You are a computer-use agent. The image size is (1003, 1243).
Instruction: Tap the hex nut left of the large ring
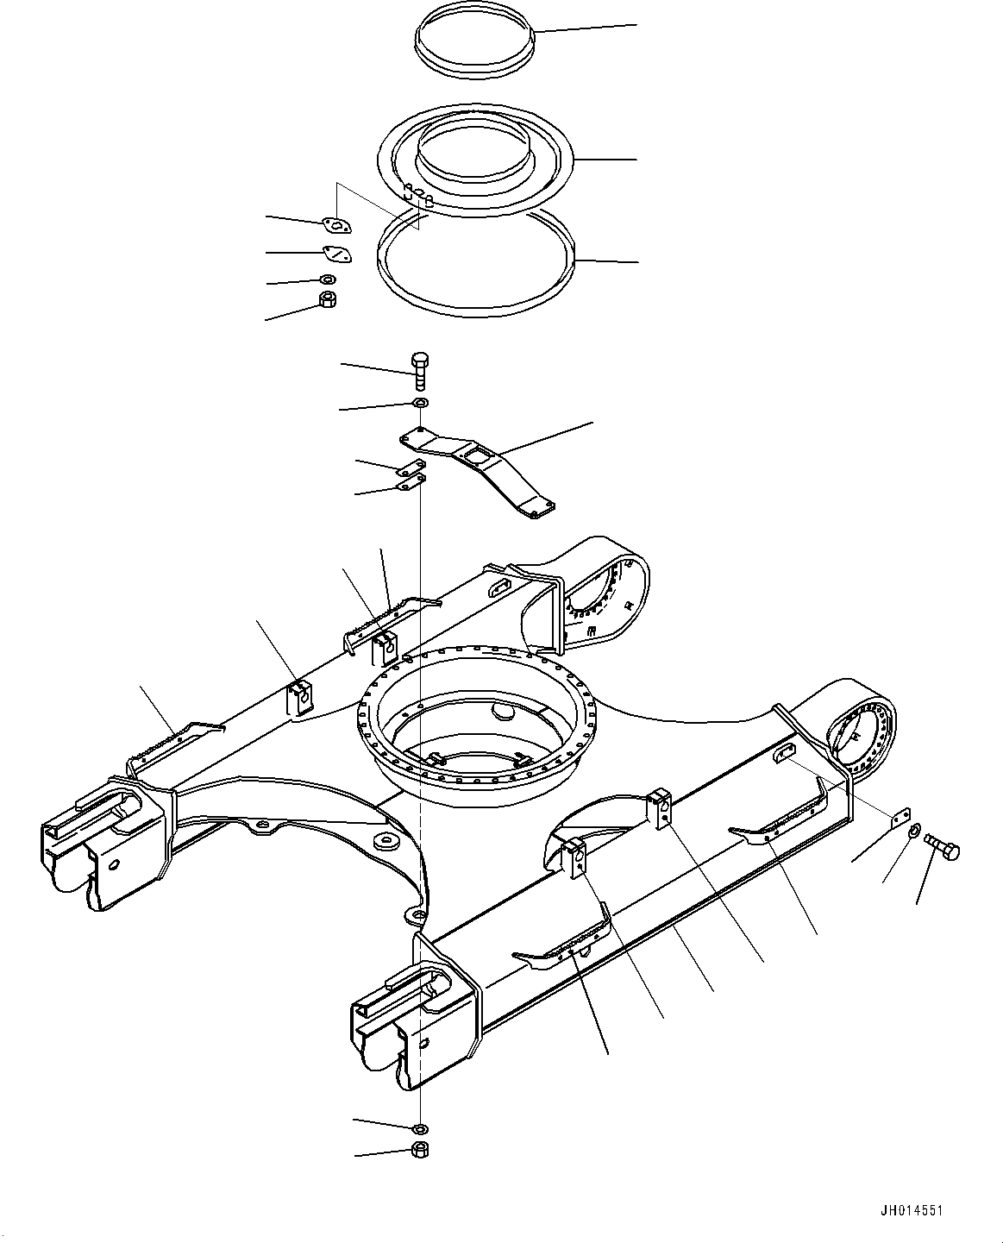[x=328, y=300]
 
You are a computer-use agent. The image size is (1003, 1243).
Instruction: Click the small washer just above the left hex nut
[x=328, y=279]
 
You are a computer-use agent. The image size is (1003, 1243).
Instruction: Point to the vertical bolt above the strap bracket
[x=420, y=372]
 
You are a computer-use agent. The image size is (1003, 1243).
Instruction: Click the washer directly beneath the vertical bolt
[x=420, y=404]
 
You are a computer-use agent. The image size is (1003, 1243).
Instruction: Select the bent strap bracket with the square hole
[x=483, y=466]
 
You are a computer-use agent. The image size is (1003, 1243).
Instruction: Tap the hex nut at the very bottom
[x=420, y=1149]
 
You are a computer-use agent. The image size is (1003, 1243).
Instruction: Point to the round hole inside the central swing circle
[x=500, y=712]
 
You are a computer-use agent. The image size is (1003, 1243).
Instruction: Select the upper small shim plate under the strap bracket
[x=411, y=469]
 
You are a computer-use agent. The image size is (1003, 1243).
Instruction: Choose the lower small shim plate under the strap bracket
[x=411, y=482]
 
